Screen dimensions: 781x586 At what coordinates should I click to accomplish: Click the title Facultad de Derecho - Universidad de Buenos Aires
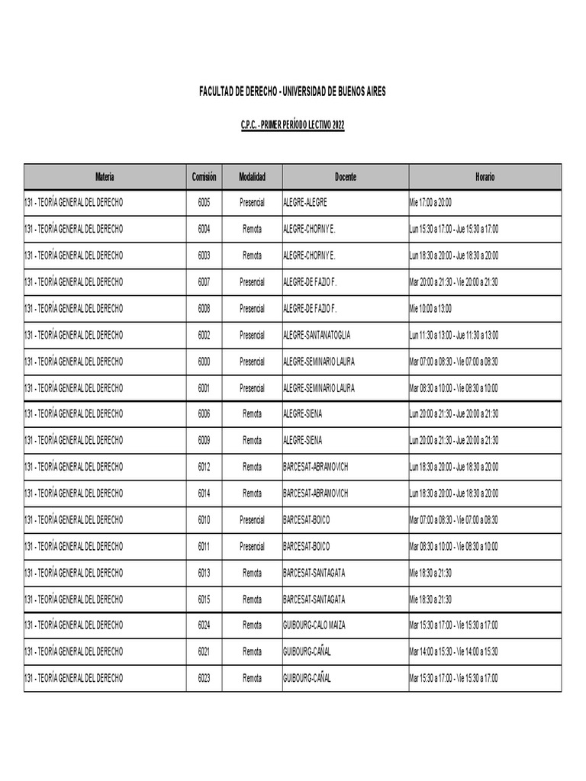(292, 92)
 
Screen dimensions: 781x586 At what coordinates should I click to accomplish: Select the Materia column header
(105, 177)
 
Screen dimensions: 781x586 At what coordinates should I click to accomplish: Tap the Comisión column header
(204, 177)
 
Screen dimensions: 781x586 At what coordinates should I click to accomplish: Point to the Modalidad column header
(252, 177)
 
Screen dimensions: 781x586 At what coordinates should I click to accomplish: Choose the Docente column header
(345, 177)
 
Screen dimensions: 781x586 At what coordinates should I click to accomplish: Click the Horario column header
(485, 177)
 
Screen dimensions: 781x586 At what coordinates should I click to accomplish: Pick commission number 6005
(204, 202)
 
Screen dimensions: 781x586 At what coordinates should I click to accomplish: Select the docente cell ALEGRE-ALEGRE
(305, 202)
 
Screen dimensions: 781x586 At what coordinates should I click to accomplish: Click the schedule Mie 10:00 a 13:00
(430, 308)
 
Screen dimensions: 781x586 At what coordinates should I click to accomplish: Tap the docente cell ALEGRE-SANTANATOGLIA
(317, 335)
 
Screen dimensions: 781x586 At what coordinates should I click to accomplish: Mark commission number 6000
(204, 362)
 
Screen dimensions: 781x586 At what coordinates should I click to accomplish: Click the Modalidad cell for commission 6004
(252, 229)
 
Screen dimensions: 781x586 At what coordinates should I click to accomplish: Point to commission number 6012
(204, 467)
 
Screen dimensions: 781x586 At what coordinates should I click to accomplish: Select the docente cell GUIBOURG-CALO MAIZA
(314, 625)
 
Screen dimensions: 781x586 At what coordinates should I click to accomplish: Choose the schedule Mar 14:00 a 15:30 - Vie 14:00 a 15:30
(453, 652)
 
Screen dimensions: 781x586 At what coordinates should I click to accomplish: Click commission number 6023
(204, 678)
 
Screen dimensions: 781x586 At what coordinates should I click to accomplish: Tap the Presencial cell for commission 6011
(252, 546)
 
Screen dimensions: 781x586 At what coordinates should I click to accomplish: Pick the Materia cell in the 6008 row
(73, 308)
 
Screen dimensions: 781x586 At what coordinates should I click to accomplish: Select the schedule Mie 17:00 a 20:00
(430, 202)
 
